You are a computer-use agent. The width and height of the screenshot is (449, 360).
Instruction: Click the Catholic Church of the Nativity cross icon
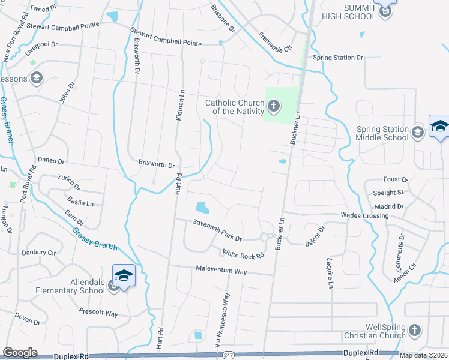[x=273, y=107]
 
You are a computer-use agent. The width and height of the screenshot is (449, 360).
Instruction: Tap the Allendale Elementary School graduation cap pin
[x=124, y=276]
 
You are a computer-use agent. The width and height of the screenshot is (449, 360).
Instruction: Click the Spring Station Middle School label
[x=382, y=133]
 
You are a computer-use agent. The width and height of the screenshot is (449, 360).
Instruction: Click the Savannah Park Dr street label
[x=217, y=230]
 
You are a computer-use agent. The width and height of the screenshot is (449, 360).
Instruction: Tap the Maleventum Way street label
[x=221, y=271]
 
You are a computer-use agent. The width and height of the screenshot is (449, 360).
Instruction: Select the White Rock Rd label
[x=243, y=256]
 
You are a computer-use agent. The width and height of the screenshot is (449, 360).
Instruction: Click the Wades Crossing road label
[x=364, y=215]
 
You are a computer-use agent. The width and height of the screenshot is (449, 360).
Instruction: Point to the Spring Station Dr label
[x=338, y=58]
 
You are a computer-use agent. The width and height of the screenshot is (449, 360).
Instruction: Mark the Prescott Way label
[x=98, y=312]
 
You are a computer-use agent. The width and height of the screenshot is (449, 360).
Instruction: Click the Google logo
[x=20, y=353]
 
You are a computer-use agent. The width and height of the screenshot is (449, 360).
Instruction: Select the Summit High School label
[x=352, y=12]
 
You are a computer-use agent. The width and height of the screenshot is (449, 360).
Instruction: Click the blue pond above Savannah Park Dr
[x=202, y=208]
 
